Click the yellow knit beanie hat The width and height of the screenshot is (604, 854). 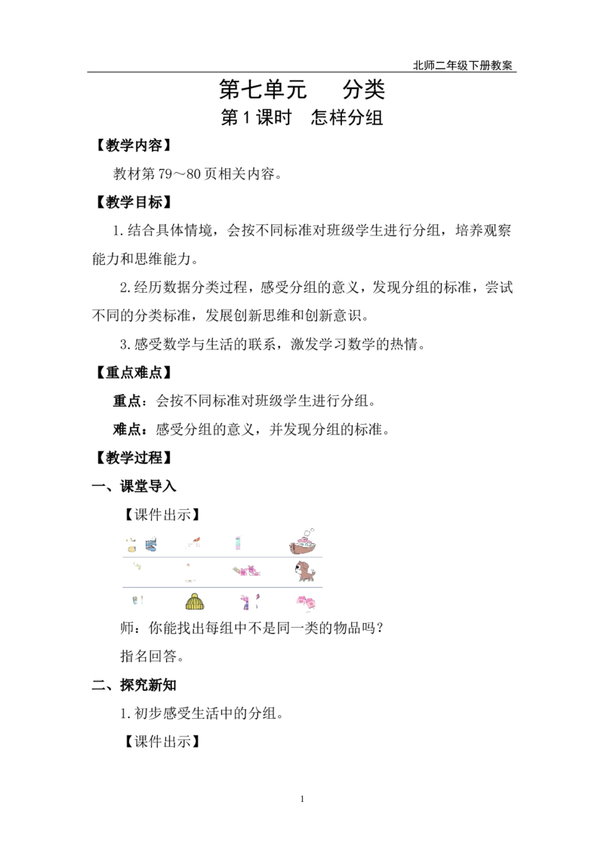click(x=195, y=603)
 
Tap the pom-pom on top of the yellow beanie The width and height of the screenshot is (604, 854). click(x=195, y=594)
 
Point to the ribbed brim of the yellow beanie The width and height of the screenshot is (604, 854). click(x=195, y=608)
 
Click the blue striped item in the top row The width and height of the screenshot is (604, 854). click(x=151, y=544)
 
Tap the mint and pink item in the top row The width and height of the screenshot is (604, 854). click(x=236, y=542)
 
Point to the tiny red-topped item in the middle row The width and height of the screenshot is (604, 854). click(x=187, y=564)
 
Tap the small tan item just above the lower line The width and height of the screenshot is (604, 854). click(x=190, y=582)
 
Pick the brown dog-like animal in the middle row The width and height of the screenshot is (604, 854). click(x=305, y=571)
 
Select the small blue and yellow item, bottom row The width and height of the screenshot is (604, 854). click(x=137, y=600)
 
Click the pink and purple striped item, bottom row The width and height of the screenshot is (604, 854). click(x=247, y=601)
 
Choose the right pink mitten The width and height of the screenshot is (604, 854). click(x=312, y=603)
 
